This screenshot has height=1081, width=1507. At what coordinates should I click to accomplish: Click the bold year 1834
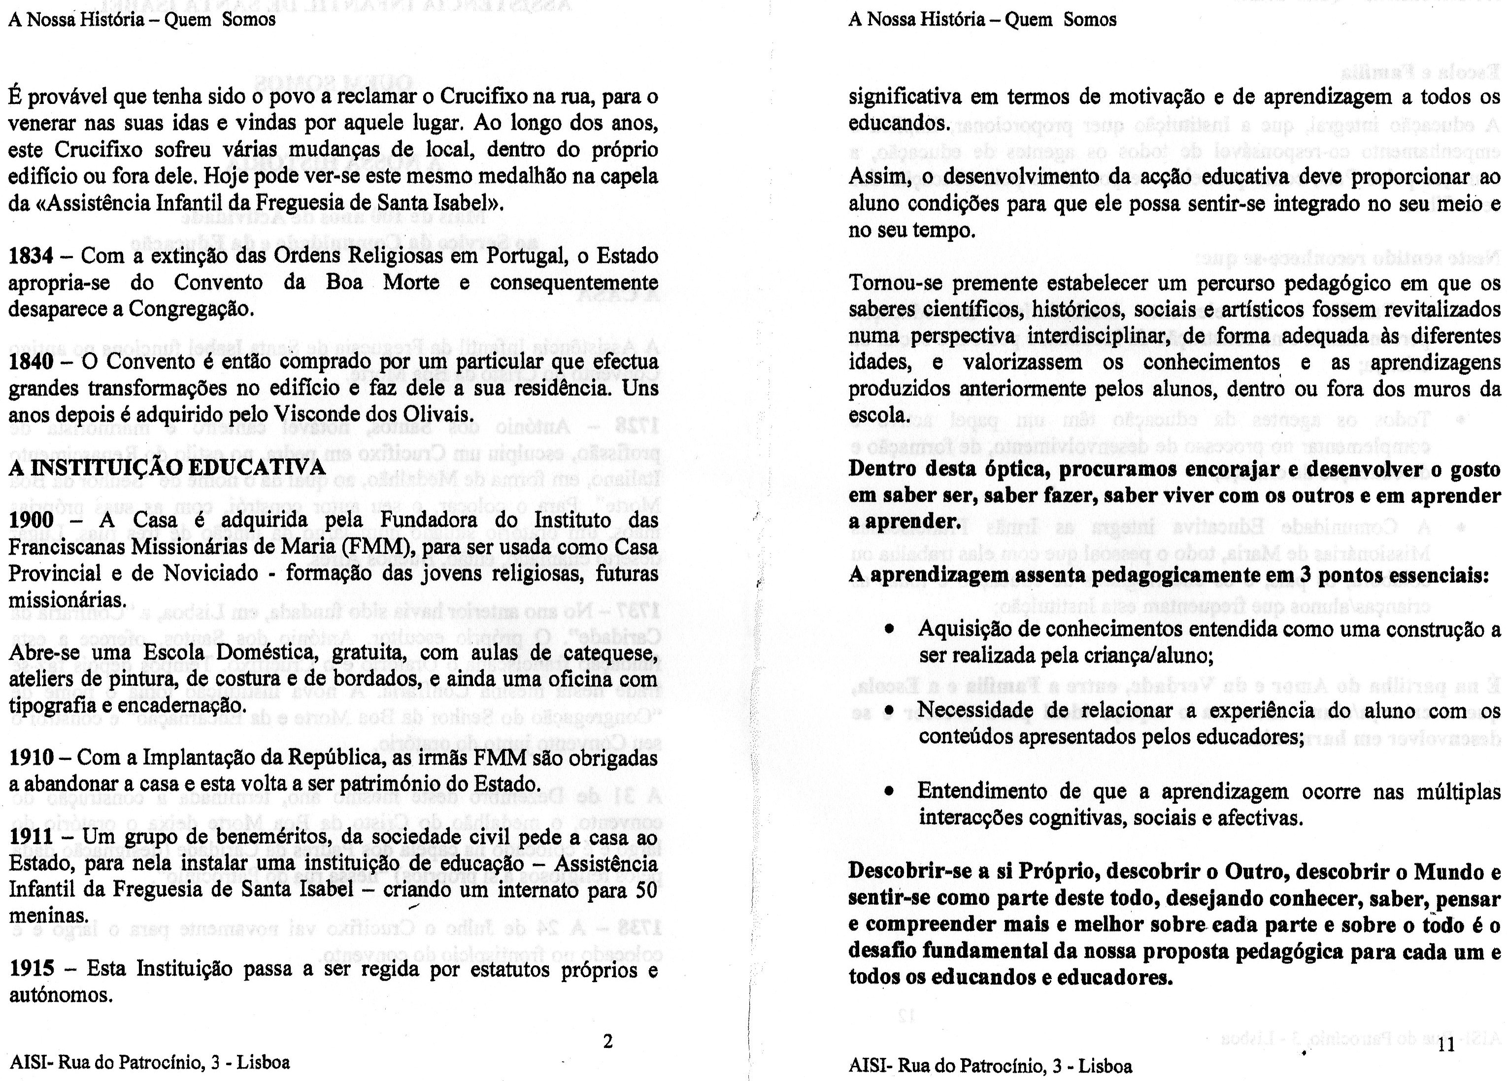pyautogui.click(x=31, y=256)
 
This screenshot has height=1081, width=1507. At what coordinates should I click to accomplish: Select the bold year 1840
pyautogui.click(x=31, y=362)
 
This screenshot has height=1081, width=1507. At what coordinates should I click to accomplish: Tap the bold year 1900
pyautogui.click(x=31, y=520)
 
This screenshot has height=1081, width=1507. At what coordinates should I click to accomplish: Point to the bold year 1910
pyautogui.click(x=31, y=758)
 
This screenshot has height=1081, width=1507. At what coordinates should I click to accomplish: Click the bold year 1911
pyautogui.click(x=31, y=837)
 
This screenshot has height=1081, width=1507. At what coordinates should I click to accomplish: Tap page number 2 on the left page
pyautogui.click(x=606, y=1042)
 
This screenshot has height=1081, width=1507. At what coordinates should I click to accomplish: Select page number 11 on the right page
pyautogui.click(x=1446, y=1045)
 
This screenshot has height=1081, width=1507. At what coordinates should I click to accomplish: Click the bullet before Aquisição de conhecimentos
pyautogui.click(x=888, y=628)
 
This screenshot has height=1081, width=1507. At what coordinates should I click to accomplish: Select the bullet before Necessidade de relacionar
pyautogui.click(x=888, y=712)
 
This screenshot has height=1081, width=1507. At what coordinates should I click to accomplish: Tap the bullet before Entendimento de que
pyautogui.click(x=888, y=792)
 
